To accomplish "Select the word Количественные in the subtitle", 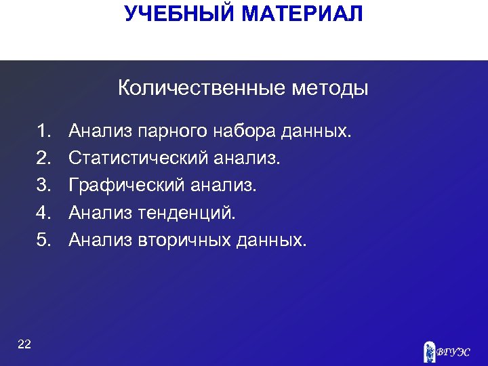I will click(202, 88).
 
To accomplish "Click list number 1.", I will click(45, 130).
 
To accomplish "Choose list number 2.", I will click(45, 158).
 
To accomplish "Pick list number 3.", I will click(45, 185).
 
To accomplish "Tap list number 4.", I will click(45, 212).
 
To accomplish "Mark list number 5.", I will click(45, 239).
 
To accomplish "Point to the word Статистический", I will click(139, 158).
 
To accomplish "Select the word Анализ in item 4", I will click(101, 212).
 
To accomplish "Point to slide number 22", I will click(24, 344).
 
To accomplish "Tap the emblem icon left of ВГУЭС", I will click(428, 350).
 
